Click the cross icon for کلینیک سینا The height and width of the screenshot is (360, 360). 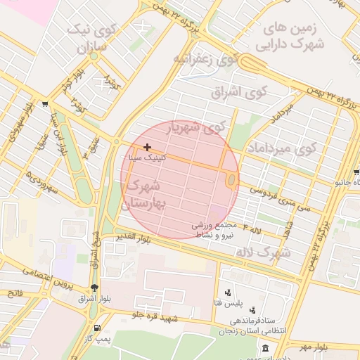tap(147, 147)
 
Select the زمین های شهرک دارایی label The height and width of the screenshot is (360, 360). tap(294, 37)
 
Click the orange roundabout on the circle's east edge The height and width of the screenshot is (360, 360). tap(231, 181)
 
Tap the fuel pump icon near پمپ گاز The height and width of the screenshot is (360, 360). tap(96, 328)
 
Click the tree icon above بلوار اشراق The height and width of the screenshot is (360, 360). tap(95, 288)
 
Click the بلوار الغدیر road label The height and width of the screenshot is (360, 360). tap(134, 238)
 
